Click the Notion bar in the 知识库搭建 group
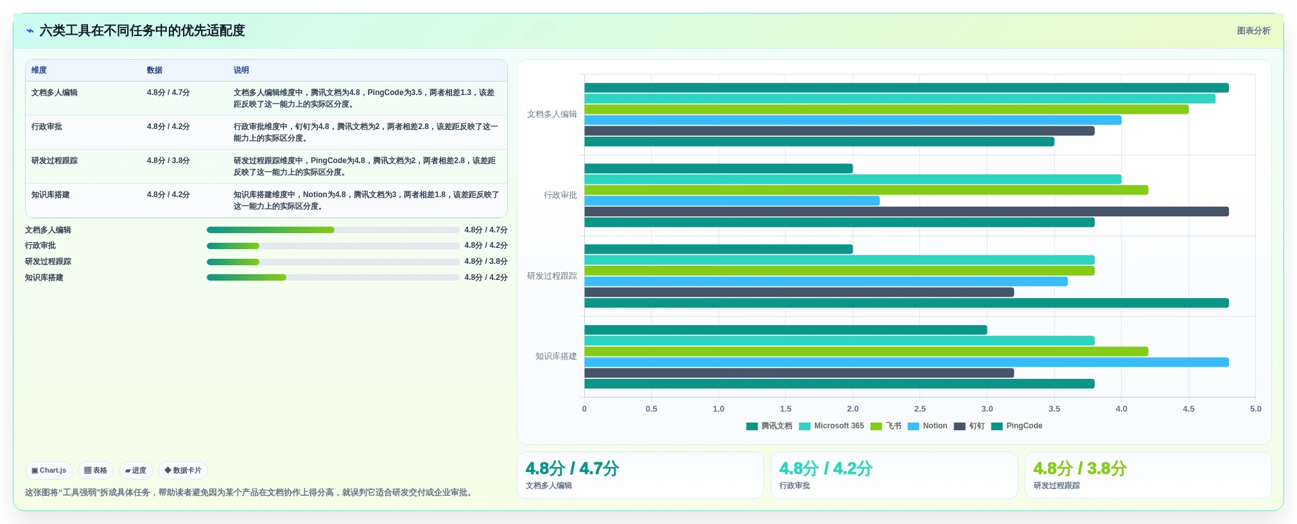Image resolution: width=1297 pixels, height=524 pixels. tap(906, 362)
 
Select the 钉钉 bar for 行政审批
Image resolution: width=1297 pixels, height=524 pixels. tap(906, 211)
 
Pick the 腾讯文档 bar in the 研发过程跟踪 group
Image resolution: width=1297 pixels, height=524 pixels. tap(718, 249)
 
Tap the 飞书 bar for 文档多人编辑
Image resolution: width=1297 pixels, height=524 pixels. tap(886, 109)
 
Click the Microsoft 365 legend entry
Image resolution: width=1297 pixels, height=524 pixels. tap(831, 426)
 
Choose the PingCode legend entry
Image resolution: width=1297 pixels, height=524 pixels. tap(1017, 426)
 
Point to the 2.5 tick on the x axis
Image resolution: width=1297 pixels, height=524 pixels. tap(919, 408)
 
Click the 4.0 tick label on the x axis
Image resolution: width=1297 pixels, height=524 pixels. tap(1121, 408)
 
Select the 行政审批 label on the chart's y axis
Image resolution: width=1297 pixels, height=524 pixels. tap(561, 195)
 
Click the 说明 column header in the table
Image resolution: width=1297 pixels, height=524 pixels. tap(241, 70)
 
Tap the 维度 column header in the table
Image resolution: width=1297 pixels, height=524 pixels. tap(39, 70)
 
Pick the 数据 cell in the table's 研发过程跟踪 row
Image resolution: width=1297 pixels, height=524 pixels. tap(168, 161)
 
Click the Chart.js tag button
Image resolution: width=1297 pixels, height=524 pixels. tap(49, 470)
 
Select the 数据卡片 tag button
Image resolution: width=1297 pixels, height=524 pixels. tap(183, 470)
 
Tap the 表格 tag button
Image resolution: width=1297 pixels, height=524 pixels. tap(96, 470)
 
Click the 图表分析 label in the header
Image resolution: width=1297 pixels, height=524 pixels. tap(1253, 30)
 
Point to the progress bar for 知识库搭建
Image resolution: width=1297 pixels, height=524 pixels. tap(333, 277)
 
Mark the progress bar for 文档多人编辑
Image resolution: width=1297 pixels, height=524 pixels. tap(333, 230)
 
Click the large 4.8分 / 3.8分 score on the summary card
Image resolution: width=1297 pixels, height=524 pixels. tap(1080, 468)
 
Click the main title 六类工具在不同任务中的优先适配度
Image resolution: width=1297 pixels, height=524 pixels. tap(143, 30)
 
